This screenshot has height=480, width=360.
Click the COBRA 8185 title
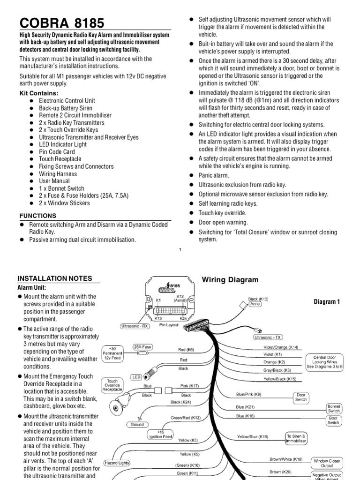(62, 23)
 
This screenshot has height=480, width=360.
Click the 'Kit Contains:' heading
(39, 93)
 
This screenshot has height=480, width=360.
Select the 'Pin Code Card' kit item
(57, 152)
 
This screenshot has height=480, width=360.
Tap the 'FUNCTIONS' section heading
(37, 216)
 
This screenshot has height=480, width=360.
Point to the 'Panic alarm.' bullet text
(214, 175)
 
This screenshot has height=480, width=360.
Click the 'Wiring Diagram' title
(230, 280)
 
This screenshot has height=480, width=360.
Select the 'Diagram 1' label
(327, 302)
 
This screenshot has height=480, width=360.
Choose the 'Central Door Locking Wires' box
(325, 362)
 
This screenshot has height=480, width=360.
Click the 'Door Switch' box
(301, 397)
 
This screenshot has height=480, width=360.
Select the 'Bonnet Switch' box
(334, 408)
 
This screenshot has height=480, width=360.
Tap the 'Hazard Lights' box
(117, 463)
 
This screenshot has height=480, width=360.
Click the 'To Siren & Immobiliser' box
(296, 438)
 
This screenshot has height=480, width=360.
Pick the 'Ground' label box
(137, 425)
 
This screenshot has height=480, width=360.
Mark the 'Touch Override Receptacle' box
(112, 385)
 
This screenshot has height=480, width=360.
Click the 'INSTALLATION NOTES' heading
(55, 278)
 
